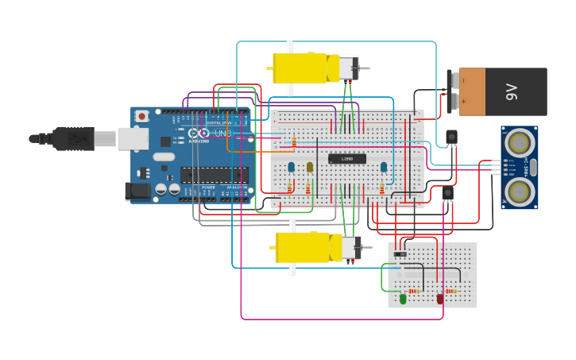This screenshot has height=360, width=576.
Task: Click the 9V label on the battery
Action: click(x=512, y=91)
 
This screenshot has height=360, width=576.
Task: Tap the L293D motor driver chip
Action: click(x=347, y=159)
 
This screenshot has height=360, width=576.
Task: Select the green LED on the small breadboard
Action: click(x=403, y=299)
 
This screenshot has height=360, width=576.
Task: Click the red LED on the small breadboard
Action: click(x=440, y=299)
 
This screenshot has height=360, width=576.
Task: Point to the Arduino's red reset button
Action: click(x=141, y=116)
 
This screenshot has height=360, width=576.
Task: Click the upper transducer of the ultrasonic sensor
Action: click(x=520, y=143)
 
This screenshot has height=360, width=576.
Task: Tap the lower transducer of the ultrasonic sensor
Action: click(x=520, y=191)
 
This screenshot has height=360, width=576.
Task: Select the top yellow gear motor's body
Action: click(x=300, y=68)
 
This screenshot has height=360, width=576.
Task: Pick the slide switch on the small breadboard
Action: click(x=400, y=254)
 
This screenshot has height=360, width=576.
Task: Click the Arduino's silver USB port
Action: click(x=133, y=138)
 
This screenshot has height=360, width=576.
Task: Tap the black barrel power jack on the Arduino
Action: click(x=138, y=191)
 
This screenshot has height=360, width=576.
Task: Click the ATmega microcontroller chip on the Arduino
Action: click(x=214, y=175)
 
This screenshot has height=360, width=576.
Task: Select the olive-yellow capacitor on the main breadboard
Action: click(x=310, y=167)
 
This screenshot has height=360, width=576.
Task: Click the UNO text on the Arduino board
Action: click(x=223, y=134)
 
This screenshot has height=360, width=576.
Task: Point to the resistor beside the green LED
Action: click(x=414, y=291)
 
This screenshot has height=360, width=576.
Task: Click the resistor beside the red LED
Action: click(x=451, y=291)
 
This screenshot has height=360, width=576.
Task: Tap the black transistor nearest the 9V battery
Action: click(x=451, y=137)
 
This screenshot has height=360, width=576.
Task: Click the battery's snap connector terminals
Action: click(x=452, y=91)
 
